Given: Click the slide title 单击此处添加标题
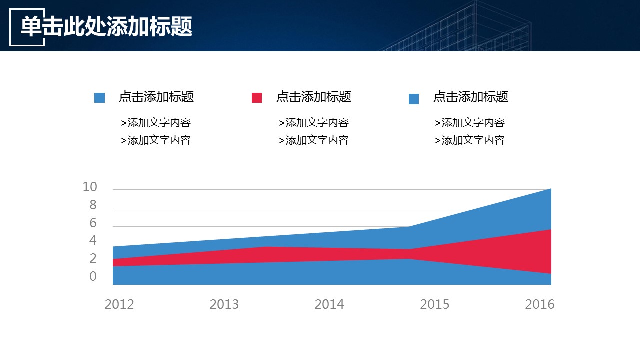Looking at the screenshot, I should (106, 27).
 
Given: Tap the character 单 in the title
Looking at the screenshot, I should (30, 27).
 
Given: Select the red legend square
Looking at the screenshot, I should (257, 98).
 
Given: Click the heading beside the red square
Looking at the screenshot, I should (313, 97).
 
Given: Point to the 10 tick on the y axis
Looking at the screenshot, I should (90, 187).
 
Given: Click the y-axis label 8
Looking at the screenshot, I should (93, 205).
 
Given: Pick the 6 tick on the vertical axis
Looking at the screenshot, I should (93, 223).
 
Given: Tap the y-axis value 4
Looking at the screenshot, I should (93, 241).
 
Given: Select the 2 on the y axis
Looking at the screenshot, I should (93, 259).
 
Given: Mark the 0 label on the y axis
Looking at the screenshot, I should (93, 277).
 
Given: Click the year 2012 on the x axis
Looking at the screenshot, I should (119, 304).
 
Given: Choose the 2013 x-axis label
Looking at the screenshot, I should (224, 304).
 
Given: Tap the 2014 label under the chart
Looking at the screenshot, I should (329, 304).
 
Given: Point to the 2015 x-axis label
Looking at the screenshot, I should (435, 304).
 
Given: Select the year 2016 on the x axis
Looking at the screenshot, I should (540, 304).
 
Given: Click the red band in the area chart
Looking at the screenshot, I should (500, 252).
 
